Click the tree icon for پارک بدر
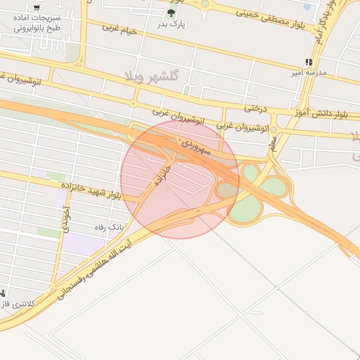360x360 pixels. (171, 13)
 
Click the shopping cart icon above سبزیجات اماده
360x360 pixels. (37, 8)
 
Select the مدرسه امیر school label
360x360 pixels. (309, 72)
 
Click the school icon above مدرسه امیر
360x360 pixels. (309, 62)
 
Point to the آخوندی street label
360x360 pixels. (66, 219)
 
